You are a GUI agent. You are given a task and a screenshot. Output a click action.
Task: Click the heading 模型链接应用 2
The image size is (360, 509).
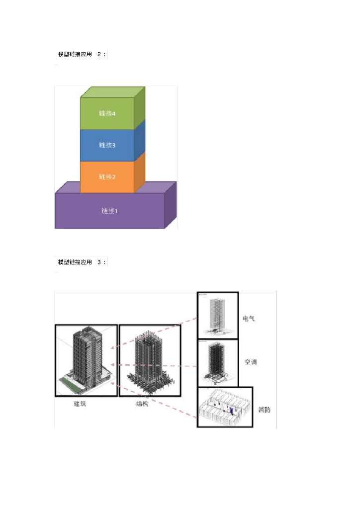pyautogui.click(x=82, y=54)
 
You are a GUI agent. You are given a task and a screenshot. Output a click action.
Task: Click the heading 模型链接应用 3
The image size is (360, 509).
pyautogui.click(x=82, y=262)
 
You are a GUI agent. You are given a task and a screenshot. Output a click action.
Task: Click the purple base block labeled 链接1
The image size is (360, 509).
pyautogui.click(x=109, y=211)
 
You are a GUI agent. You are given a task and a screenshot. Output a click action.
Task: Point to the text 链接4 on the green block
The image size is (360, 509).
pyautogui.click(x=107, y=113)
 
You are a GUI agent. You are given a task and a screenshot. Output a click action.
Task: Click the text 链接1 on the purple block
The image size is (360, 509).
pyautogui.click(x=109, y=211)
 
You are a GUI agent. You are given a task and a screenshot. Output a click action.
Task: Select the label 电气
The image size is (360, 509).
pyautogui.click(x=249, y=319)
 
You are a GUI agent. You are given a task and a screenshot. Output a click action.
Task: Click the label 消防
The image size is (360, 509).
pyautogui.click(x=265, y=410)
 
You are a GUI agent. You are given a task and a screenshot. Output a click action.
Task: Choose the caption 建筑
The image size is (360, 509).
pyautogui.click(x=80, y=404)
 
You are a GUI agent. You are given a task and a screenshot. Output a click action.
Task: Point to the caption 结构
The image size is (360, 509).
pyautogui.click(x=142, y=404)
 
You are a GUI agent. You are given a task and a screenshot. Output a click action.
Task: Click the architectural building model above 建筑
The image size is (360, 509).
pyautogui.click(x=86, y=360)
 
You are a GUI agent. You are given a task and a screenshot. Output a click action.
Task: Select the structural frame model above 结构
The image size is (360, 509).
pyautogui.click(x=150, y=360)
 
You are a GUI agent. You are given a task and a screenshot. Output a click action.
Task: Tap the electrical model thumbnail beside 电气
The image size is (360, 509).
pyautogui.click(x=217, y=315)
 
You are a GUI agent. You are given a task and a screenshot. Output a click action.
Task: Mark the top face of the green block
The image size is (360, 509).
pyautogui.click(x=112, y=92)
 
